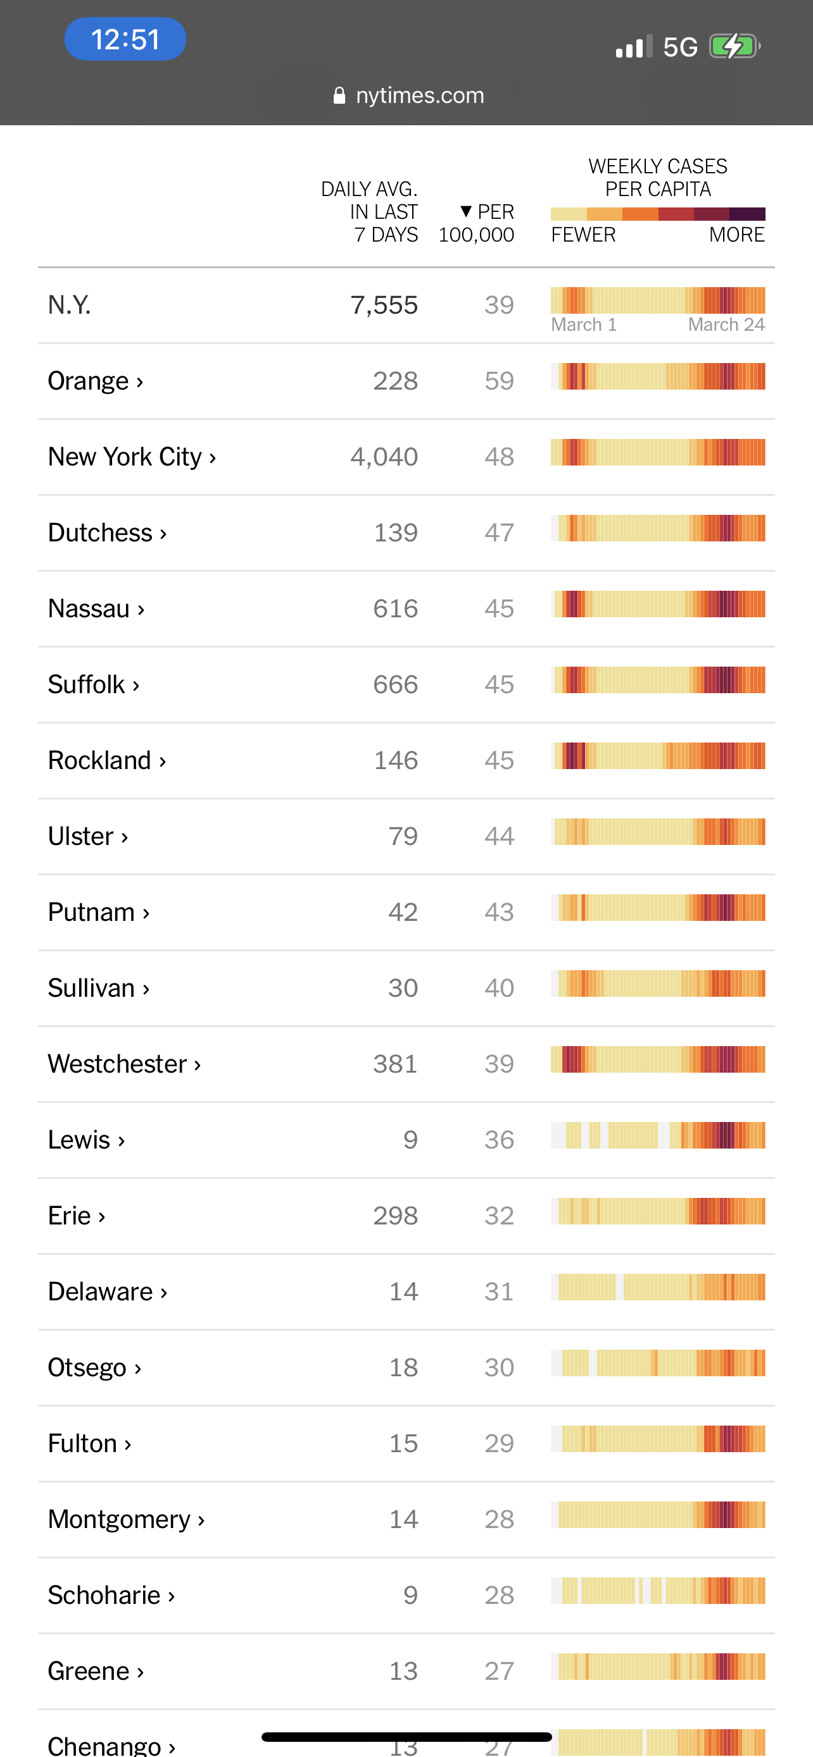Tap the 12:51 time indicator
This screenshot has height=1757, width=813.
point(125,40)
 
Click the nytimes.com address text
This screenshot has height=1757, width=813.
point(419,96)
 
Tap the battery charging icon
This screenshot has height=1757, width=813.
point(734,46)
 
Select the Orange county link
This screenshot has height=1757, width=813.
point(95,381)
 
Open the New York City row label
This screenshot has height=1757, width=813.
point(132,456)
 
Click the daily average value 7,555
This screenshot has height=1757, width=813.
point(384,305)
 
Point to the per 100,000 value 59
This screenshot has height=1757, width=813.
point(499,381)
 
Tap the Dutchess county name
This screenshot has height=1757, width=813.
point(106,532)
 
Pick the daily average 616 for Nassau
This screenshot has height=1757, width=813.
point(395,608)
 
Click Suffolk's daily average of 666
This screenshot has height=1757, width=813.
point(395,684)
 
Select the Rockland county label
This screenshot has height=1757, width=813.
point(106,760)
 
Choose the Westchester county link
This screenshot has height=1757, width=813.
point(123,1063)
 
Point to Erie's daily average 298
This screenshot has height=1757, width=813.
point(395,1216)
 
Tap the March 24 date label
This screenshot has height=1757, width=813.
point(726,324)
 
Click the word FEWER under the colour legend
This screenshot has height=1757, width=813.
point(583,235)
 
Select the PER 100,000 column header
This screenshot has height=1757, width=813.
point(478,223)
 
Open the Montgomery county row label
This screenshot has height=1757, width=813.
point(125,1519)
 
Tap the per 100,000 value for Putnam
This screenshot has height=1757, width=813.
point(499,912)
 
